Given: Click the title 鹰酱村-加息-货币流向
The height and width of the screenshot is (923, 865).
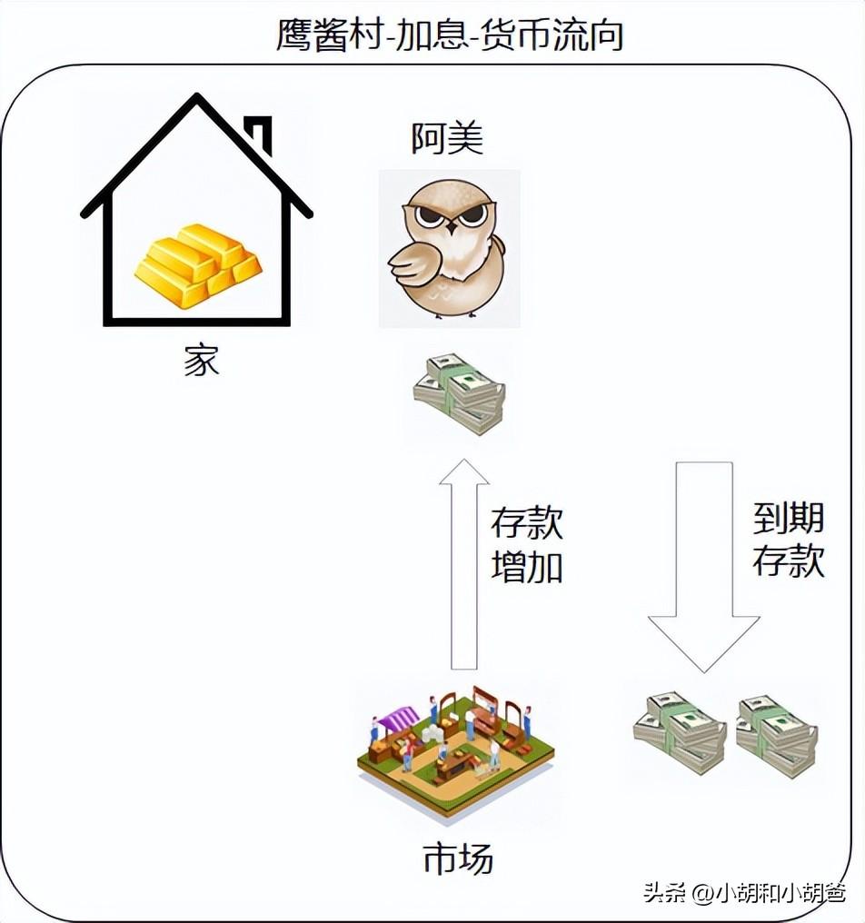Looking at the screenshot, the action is coord(450,35).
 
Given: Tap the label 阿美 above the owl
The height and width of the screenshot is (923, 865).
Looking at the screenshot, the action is coord(447,139).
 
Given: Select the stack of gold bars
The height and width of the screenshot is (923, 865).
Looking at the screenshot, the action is coord(199,265).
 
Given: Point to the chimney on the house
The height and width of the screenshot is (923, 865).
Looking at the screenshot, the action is coord(261,134).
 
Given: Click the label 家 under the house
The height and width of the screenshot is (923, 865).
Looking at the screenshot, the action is coord(202,362).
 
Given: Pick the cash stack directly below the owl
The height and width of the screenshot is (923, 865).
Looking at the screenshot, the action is coord(460,393).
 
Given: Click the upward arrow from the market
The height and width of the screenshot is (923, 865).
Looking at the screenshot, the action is coord(464,563).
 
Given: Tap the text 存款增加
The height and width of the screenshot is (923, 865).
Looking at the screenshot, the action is coord(527,545).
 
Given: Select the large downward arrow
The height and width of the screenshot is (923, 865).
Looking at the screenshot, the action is coord(703,563).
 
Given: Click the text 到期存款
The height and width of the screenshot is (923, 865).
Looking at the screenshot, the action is coord(789,541).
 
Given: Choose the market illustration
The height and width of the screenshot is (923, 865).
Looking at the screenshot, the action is coord(455,750).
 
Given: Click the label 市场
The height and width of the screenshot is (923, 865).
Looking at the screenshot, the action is coord(458,858).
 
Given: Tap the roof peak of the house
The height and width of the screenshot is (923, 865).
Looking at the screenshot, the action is coord(196,98).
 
